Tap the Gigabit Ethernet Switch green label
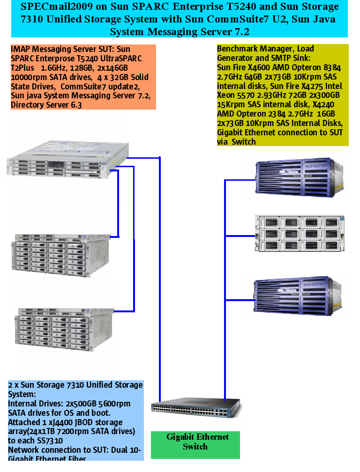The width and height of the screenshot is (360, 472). click(195, 442)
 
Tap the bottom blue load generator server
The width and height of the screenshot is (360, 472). click(295, 295)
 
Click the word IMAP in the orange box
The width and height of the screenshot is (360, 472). click(19, 49)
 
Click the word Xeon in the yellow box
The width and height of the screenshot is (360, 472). click(227, 95)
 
